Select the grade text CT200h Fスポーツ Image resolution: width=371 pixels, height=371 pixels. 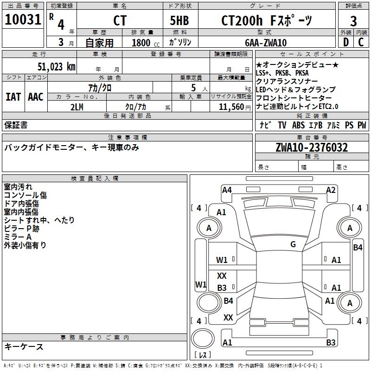pyautogui.click(x=266, y=21)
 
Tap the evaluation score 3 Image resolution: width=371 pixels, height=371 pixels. pyautogui.click(x=353, y=21)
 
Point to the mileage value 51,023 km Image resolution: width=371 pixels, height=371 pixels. pyautogui.click(x=53, y=67)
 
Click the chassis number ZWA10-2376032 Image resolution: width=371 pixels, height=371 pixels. pyautogui.click(x=312, y=148)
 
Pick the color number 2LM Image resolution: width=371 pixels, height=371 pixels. pyautogui.click(x=77, y=106)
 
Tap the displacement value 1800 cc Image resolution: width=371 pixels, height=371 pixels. pyautogui.click(x=144, y=43)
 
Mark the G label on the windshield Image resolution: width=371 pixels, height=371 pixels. pyautogui.click(x=293, y=244)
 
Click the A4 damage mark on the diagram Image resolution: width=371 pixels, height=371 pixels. pyautogui.click(x=227, y=190)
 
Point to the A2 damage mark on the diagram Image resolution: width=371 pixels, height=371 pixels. pyautogui.click(x=331, y=190)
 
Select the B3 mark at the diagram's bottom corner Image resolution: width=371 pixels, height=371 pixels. pyautogui.click(x=331, y=343)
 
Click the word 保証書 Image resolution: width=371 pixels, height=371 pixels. pyautogui.click(x=16, y=125)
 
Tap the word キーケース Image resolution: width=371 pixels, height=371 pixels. pyautogui.click(x=24, y=347)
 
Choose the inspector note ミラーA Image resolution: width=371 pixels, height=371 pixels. pyautogui.click(x=18, y=237)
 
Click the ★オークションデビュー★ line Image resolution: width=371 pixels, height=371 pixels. pyautogui.click(x=297, y=64)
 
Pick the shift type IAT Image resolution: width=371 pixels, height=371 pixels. pyautogui.click(x=13, y=97)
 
